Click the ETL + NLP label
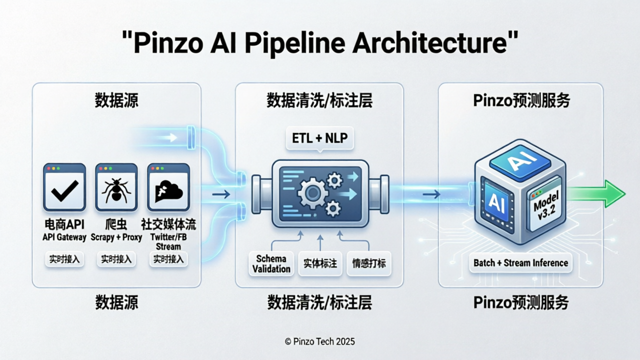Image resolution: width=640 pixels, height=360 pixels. click(320, 137)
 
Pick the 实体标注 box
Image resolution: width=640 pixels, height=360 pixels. click(320, 263)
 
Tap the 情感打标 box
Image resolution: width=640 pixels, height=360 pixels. click(369, 263)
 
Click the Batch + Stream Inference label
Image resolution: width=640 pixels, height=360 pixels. click(520, 263)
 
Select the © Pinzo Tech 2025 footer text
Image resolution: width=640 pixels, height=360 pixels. click(319, 341)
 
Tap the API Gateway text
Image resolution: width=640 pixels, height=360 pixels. click(64, 237)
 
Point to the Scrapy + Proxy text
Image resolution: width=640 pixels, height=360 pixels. click(116, 237)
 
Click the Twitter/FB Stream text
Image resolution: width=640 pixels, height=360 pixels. click(168, 241)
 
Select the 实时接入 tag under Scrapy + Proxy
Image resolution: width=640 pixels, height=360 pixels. click(116, 259)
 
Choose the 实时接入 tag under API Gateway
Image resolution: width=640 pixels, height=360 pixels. click(64, 259)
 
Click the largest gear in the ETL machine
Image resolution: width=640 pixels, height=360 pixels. click(311, 192)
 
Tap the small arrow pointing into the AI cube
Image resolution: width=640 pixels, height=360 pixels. click(431, 194)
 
